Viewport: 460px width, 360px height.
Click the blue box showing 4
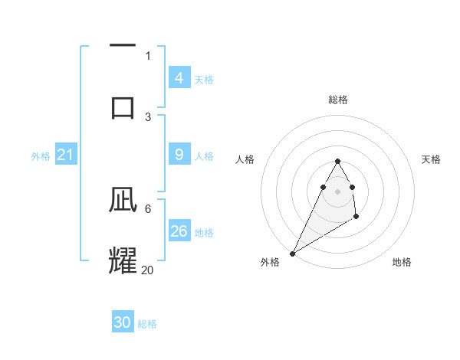pos(179,78)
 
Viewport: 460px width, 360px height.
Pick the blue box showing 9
pos(179,155)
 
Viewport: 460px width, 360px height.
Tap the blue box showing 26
pos(179,231)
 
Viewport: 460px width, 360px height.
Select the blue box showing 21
pos(65,155)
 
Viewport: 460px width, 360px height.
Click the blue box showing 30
pos(123,322)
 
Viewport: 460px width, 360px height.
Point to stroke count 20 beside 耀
pos(148,270)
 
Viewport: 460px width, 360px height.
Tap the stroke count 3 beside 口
pos(148,116)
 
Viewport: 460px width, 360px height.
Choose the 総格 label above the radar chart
pos(337,100)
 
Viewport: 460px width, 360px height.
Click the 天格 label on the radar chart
pos(432,159)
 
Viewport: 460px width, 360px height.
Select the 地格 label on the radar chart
pos(402,262)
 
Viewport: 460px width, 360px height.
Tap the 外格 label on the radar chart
pos(270,262)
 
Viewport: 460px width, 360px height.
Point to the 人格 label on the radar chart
pos(245,159)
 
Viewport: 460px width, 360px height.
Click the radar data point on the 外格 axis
pos(292,253)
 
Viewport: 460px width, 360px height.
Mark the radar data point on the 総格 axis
pos(337,161)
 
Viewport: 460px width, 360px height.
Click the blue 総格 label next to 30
pos(147,324)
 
